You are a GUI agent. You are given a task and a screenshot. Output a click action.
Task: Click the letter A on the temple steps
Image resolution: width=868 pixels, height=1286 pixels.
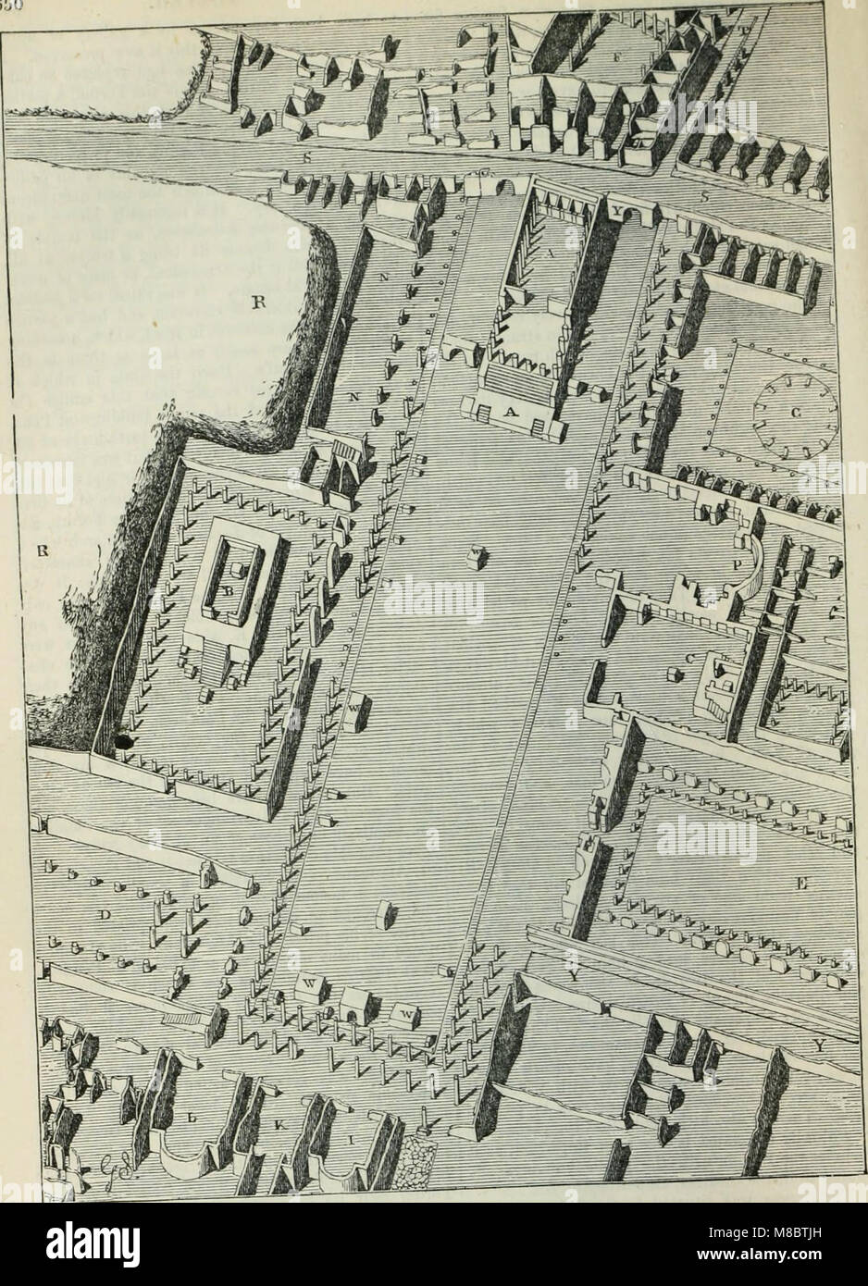click(508, 414)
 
